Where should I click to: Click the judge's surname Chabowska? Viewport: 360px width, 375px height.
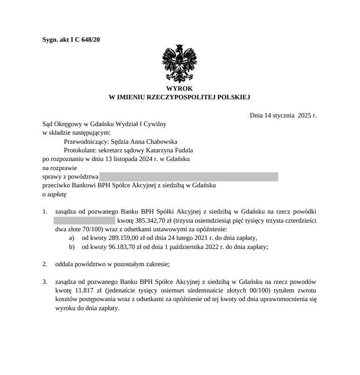(161, 141)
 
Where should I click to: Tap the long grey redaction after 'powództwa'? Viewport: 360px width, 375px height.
(188, 177)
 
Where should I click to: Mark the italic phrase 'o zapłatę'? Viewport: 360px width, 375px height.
(54, 194)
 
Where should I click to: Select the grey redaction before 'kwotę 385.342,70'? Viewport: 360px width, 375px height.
(84, 220)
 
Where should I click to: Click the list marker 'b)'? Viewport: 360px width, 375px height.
(71, 247)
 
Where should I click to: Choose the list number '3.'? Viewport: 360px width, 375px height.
(44, 282)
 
